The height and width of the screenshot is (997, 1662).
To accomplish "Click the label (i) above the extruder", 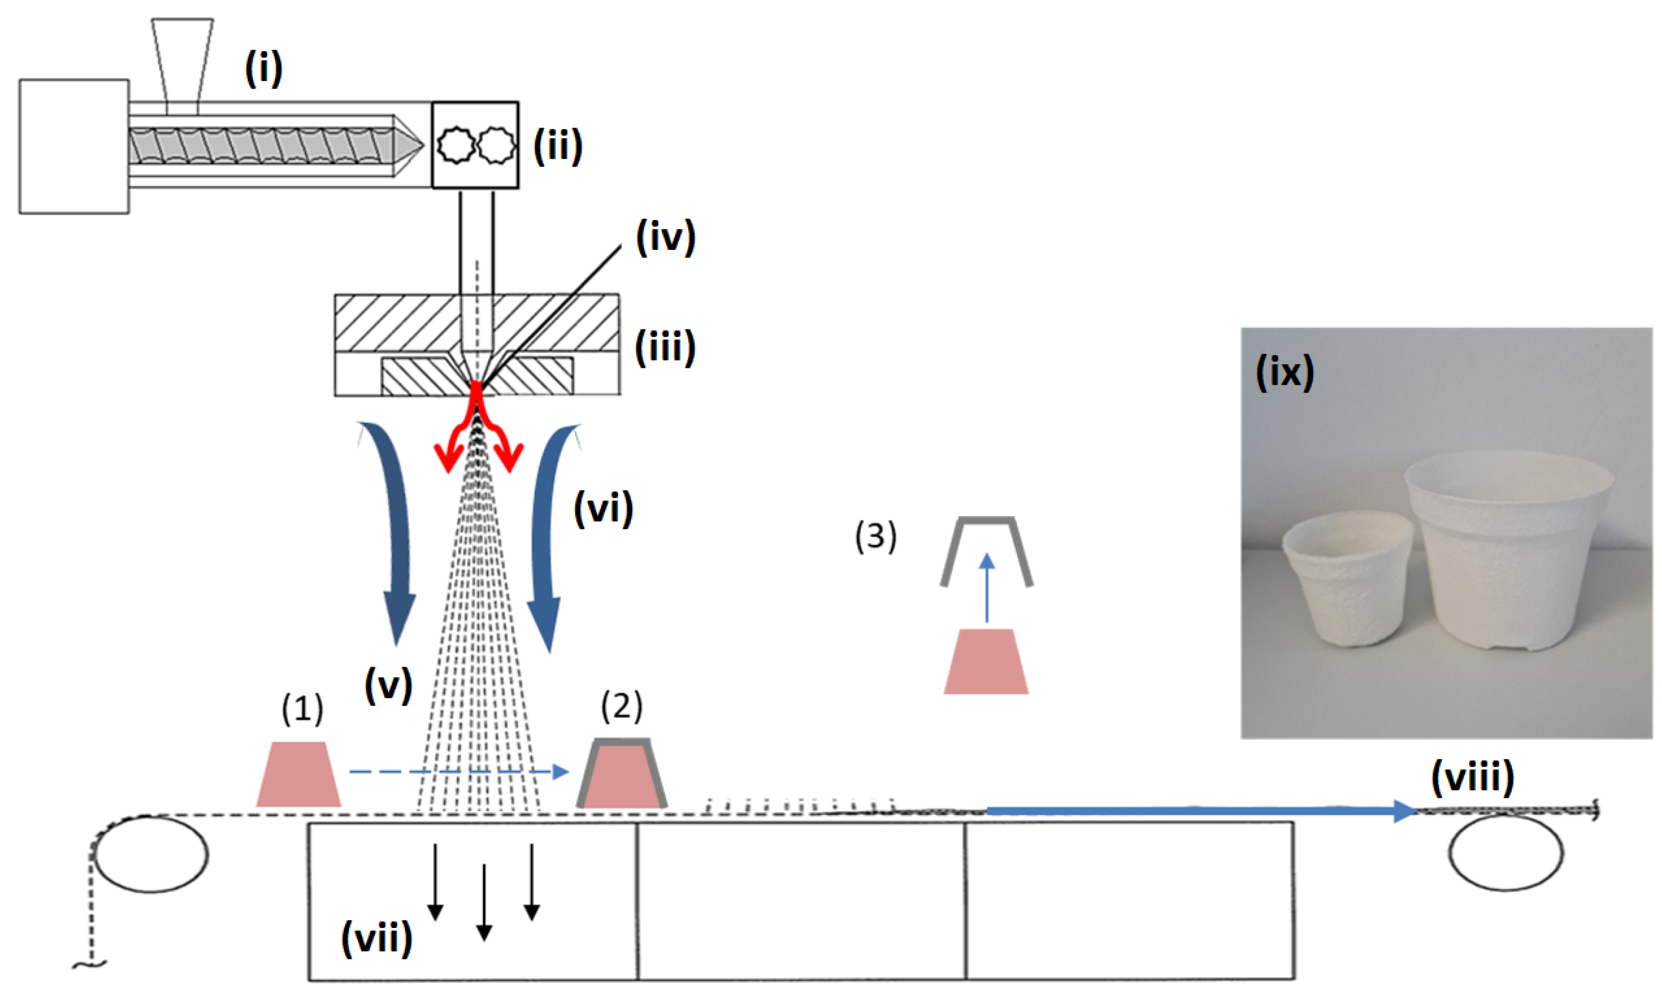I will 264,68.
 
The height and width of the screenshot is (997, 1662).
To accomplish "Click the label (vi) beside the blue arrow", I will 603,508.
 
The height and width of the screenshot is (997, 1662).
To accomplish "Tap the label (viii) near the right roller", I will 1472,777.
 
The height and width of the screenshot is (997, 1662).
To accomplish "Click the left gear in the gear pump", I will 457,145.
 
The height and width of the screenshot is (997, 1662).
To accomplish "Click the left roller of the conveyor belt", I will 151,853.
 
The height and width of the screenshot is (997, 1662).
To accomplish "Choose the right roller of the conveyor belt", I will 1505,852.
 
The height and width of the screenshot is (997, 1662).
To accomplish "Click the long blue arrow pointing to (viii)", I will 1196,811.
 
